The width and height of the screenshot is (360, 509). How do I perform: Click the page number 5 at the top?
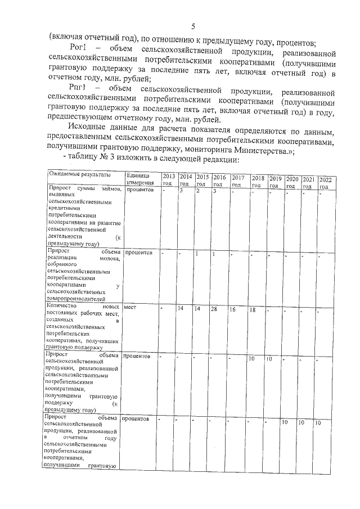pos(192,26)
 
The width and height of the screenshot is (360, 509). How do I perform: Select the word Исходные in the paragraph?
pos(85,131)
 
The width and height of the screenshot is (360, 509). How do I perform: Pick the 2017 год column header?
pos(237,181)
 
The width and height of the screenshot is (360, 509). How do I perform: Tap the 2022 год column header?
pos(325,183)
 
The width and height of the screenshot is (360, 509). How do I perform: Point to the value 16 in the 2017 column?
pos(232,309)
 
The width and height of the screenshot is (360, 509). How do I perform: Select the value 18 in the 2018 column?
pos(253,309)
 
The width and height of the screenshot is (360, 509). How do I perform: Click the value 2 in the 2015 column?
pos(198,192)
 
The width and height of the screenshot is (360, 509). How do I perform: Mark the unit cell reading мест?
pos(130,308)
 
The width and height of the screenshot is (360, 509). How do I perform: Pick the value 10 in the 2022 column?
pos(318,422)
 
